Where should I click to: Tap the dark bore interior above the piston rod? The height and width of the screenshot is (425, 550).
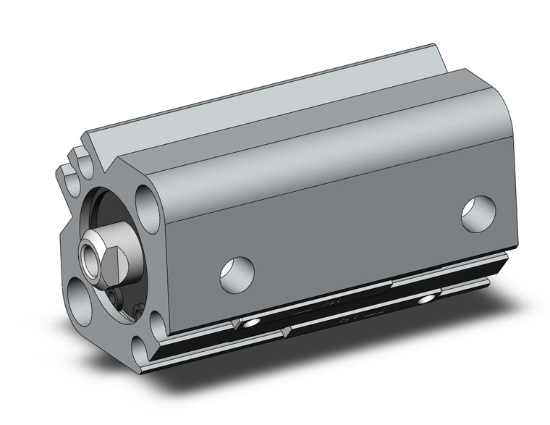109,210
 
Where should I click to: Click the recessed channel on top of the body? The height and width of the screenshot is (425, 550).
289,109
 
